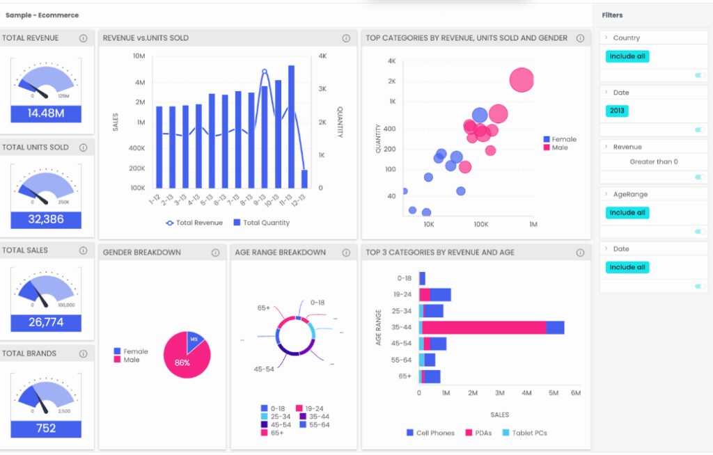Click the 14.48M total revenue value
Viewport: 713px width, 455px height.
point(46,113)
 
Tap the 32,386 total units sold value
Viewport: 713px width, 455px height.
point(46,220)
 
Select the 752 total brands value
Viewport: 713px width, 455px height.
point(46,429)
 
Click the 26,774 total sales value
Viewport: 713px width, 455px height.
point(46,323)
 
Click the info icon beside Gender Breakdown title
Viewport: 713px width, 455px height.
point(215,253)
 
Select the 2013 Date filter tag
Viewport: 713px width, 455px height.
point(617,111)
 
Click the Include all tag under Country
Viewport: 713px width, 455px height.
point(627,56)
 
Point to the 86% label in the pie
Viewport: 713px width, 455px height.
point(182,362)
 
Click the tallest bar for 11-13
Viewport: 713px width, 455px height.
point(291,127)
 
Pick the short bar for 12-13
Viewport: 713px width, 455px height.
point(304,179)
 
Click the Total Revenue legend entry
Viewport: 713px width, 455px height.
point(194,223)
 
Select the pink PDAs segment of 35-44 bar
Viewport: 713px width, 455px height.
point(483,328)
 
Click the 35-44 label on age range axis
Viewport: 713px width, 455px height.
point(401,328)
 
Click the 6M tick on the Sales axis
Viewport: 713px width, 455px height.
point(575,394)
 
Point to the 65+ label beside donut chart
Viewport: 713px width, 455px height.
point(263,308)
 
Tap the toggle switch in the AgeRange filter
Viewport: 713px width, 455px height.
point(700,232)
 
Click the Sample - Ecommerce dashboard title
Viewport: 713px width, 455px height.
point(42,15)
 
